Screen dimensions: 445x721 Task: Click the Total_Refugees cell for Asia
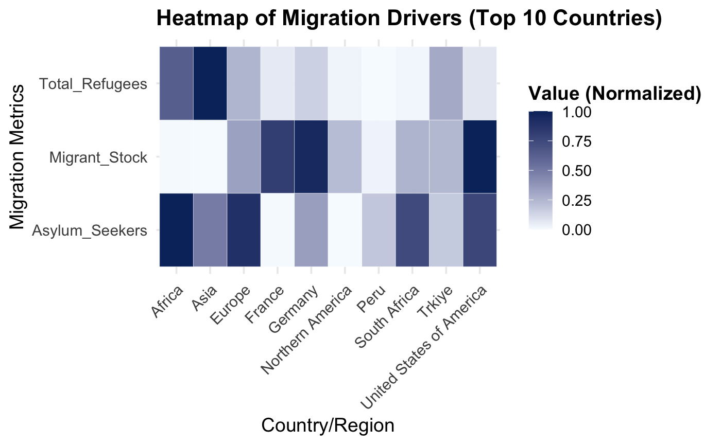[x=210, y=83]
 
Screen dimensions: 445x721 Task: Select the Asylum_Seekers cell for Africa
[x=176, y=230]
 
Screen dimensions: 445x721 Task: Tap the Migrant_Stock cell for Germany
[x=311, y=157]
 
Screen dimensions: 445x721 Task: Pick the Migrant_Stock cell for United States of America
[x=479, y=157]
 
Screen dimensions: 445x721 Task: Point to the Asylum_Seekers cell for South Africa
[x=412, y=230]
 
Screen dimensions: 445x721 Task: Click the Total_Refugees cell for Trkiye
[x=446, y=83]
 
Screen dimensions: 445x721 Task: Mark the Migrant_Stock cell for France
[x=277, y=157]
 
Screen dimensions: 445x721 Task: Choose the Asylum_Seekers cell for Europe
[x=244, y=230]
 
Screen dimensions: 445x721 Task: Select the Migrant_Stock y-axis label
[x=98, y=157]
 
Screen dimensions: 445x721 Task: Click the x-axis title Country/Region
[x=328, y=426]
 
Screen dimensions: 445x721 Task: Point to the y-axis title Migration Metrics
[x=18, y=157]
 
